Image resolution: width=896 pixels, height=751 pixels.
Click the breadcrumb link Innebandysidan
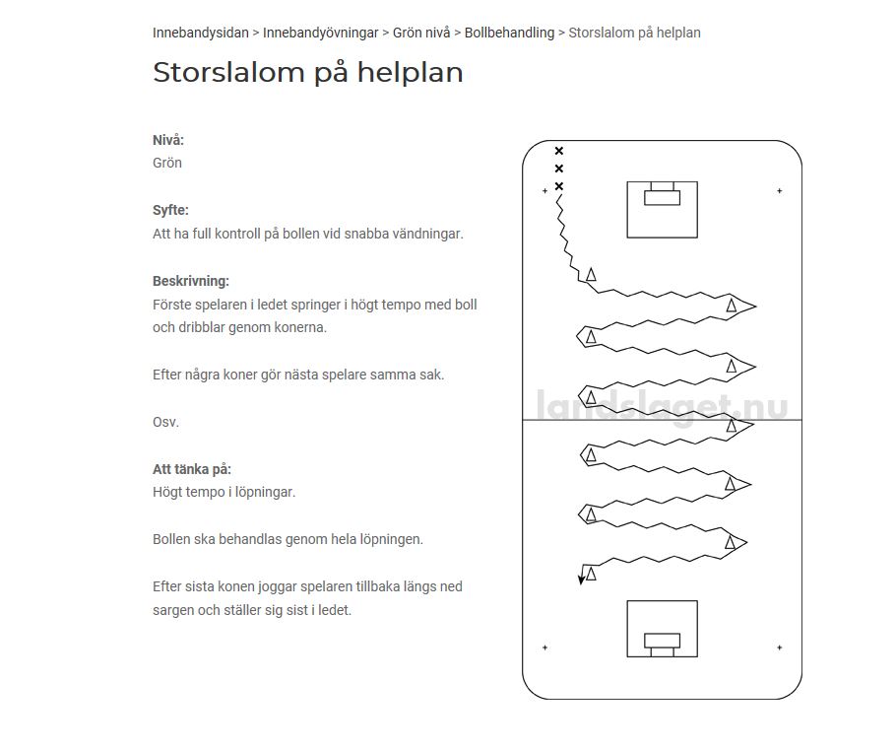tap(200, 33)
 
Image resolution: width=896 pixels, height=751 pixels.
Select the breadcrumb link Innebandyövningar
tap(320, 33)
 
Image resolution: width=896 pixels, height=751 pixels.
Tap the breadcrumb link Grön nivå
tap(420, 33)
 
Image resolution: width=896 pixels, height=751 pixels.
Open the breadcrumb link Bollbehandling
tap(509, 33)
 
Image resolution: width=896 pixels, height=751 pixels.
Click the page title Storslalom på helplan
tap(307, 73)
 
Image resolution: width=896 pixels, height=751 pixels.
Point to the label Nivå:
tap(168, 140)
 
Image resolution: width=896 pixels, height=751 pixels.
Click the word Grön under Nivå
tap(167, 163)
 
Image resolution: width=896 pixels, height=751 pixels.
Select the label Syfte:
tap(170, 210)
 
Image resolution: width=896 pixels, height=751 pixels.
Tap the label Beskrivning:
tap(191, 281)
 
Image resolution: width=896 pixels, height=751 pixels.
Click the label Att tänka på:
tap(192, 469)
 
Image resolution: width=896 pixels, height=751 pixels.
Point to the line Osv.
tap(165, 422)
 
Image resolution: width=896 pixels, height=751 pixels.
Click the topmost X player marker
tap(559, 151)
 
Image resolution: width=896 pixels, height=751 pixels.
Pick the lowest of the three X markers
tap(559, 186)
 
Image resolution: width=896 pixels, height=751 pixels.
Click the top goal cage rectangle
tap(662, 209)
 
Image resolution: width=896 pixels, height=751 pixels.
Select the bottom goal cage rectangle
tap(662, 629)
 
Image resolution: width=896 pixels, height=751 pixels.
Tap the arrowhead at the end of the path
tap(582, 580)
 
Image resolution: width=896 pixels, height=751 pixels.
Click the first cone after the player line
tap(591, 275)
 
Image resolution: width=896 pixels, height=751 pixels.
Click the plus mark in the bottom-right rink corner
tap(780, 648)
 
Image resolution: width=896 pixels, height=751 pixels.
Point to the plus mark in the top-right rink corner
tap(780, 190)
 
